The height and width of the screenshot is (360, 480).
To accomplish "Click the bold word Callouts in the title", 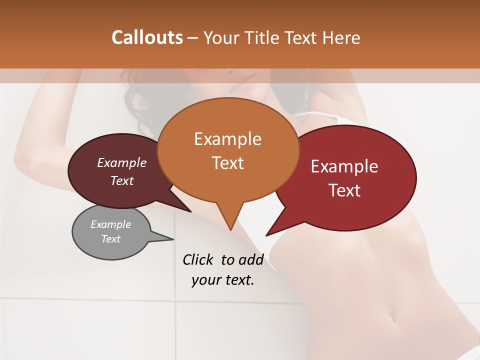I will point(147,37).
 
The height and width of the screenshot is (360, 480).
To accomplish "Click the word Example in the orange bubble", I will point(227,139).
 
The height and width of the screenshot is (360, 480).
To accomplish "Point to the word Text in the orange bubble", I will point(227,163).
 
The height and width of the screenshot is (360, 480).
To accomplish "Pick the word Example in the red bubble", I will point(344,166).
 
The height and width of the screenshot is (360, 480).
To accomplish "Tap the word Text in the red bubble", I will point(344,190).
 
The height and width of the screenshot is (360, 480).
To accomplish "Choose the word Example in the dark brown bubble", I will point(121,162).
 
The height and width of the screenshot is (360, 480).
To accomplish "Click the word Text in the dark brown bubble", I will point(121,180).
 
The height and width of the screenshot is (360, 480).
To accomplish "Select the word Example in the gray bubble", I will point(110,224).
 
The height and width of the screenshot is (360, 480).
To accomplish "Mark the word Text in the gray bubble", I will point(110,239).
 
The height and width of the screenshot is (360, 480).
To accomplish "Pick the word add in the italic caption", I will point(251,259).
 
